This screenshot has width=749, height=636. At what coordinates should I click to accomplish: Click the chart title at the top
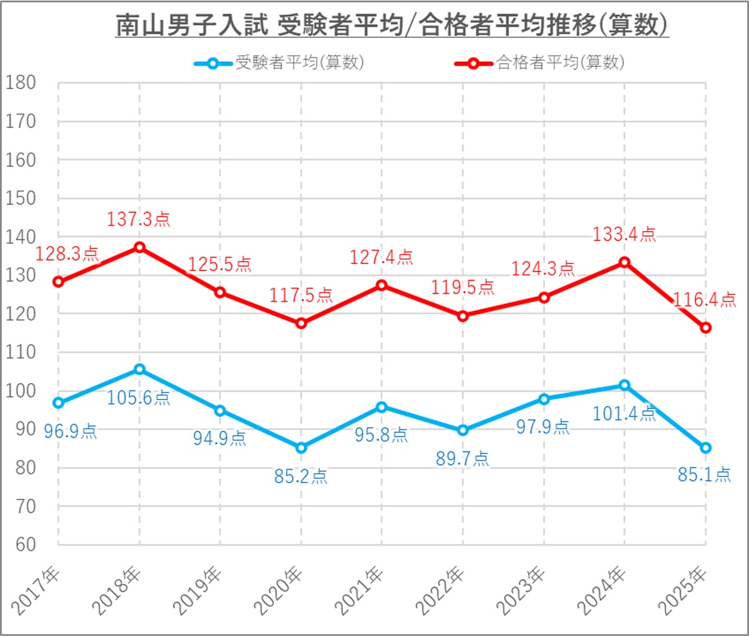pyautogui.click(x=392, y=25)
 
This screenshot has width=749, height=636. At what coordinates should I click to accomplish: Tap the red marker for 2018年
pyautogui.click(x=139, y=247)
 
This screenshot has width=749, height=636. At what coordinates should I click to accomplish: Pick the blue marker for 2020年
pyautogui.click(x=301, y=448)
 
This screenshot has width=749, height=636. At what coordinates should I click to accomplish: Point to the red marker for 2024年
pyautogui.click(x=624, y=262)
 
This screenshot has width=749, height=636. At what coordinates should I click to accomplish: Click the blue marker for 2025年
pyautogui.click(x=705, y=448)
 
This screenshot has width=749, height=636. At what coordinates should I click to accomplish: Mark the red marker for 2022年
pyautogui.click(x=463, y=316)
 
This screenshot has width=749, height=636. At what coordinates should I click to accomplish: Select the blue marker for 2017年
pyautogui.click(x=58, y=403)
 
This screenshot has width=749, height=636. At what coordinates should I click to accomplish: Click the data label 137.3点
pyautogui.click(x=138, y=219)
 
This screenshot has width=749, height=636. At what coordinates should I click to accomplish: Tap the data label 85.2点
pyautogui.click(x=300, y=476)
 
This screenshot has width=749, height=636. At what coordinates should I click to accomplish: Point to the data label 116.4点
pyautogui.click(x=705, y=300)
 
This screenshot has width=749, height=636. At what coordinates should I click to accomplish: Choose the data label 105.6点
pyautogui.click(x=138, y=398)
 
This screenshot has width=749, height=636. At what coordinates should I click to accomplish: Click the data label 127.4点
pyautogui.click(x=381, y=257)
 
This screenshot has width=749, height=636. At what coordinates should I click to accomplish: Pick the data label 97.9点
pyautogui.click(x=542, y=427)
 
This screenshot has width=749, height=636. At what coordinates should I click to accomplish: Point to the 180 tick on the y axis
pyautogui.click(x=21, y=83)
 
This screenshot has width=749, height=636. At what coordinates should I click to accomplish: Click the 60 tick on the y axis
pyautogui.click(x=25, y=544)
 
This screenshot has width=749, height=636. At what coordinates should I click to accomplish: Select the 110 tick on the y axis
pyautogui.click(x=21, y=352)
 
